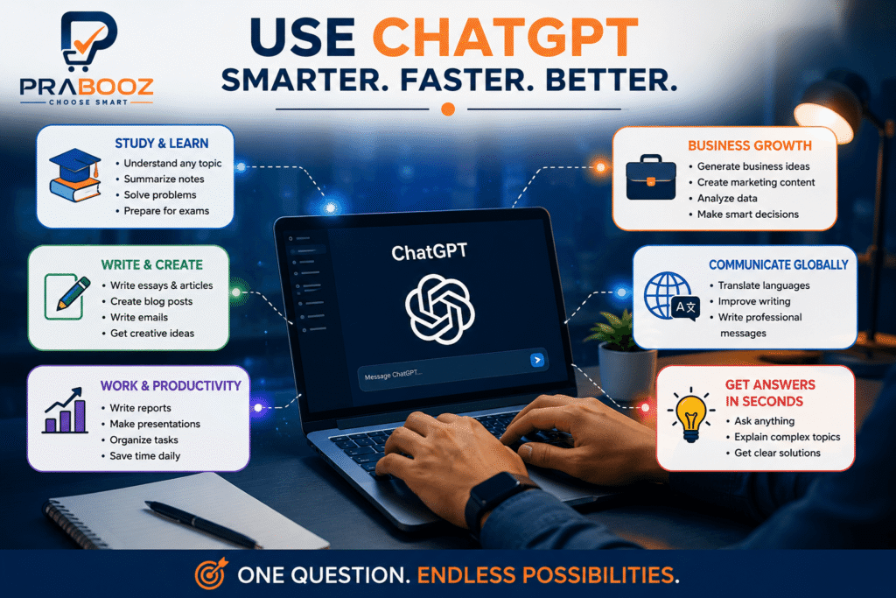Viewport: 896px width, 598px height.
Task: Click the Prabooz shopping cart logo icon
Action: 89,41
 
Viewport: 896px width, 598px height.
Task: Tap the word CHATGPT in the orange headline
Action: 505,37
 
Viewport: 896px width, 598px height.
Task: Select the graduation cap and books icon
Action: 75,175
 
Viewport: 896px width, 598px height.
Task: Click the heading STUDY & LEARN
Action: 162,144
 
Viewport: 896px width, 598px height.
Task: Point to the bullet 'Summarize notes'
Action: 164,179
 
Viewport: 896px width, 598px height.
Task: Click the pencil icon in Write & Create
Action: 67,296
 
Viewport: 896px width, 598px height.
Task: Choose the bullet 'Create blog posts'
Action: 151,301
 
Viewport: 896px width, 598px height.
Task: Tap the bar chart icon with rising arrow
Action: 65,411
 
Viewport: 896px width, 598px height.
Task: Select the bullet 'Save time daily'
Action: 145,455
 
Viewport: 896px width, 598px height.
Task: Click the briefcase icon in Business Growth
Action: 651,177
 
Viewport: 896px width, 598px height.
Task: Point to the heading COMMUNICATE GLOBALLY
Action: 778,264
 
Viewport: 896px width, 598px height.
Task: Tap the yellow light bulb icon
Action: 691,415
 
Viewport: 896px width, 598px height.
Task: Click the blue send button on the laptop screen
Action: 536,360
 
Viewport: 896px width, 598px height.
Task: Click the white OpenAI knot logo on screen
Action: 439,309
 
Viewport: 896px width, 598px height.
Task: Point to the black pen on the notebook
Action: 202,523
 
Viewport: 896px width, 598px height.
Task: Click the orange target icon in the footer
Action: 211,573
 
